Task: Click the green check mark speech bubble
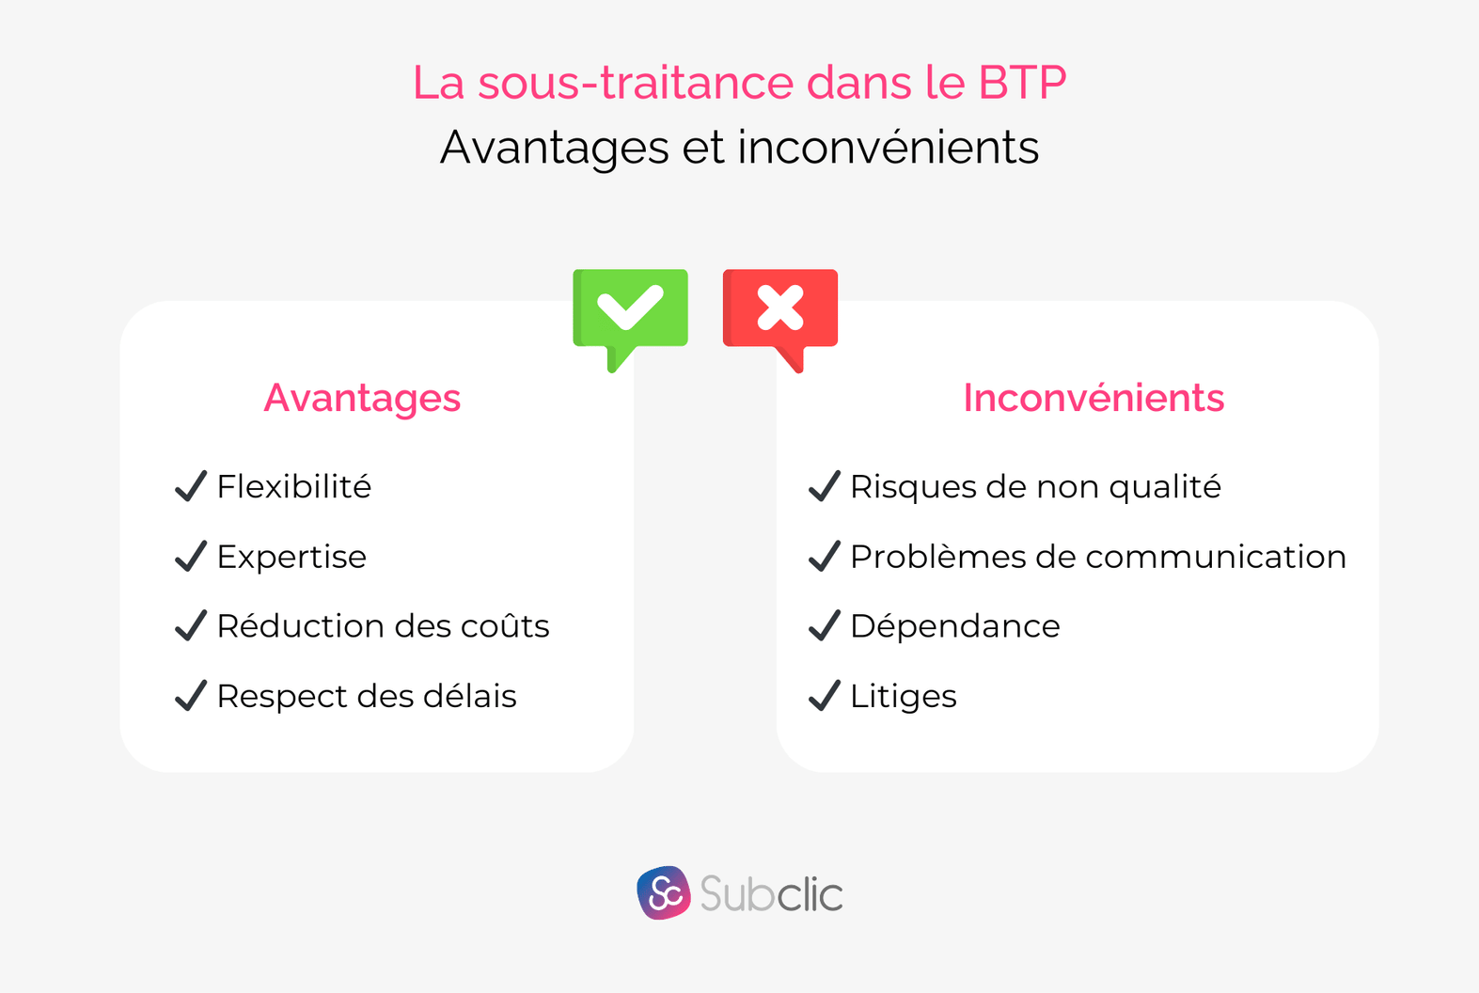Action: click(630, 309)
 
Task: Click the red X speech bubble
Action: click(780, 309)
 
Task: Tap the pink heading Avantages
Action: click(362, 398)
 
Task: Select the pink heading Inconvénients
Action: click(1094, 398)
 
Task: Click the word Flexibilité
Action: click(293, 487)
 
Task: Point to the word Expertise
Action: click(291, 557)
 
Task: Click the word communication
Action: click(1216, 557)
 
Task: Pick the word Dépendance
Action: click(954, 626)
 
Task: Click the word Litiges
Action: click(903, 696)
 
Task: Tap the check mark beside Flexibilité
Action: click(191, 486)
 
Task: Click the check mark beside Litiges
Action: click(825, 696)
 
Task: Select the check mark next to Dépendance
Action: click(825, 625)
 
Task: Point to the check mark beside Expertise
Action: click(191, 556)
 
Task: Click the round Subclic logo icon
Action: click(664, 892)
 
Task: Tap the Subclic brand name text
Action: click(771, 894)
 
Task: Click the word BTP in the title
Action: click(1022, 83)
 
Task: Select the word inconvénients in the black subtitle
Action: click(888, 148)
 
